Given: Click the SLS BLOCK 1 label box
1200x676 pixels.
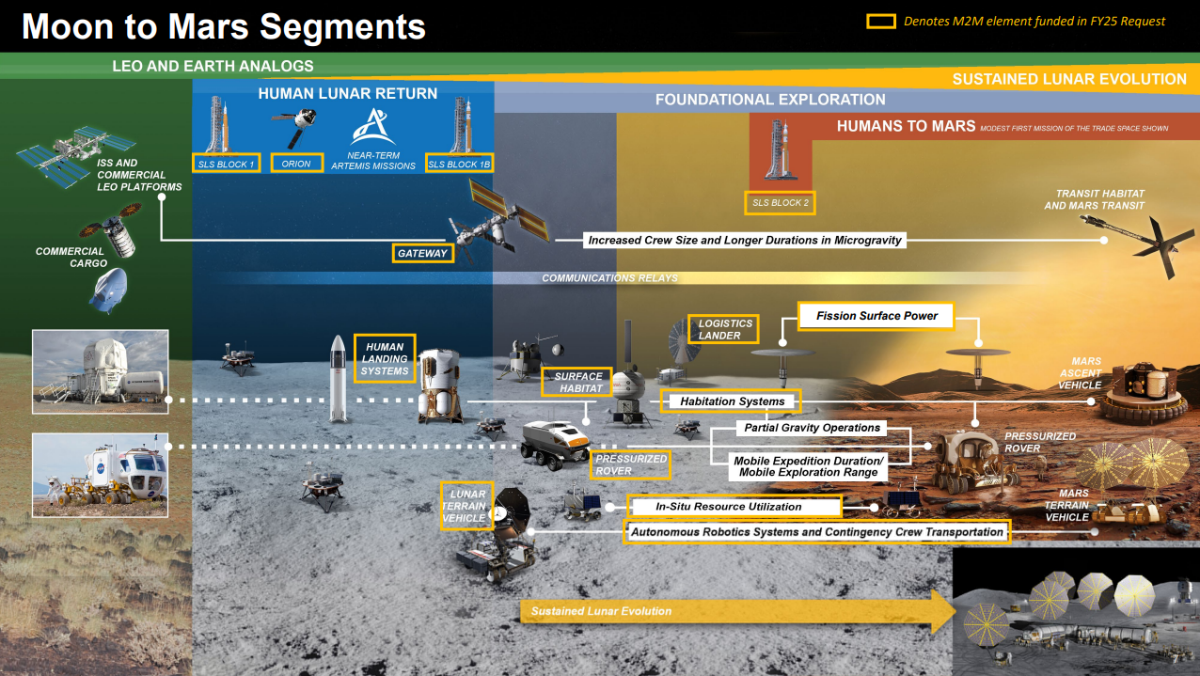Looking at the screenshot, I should [x=225, y=165].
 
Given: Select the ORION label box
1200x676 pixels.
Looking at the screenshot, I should [x=296, y=164].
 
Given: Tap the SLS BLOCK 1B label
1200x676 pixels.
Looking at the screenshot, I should [x=459, y=165].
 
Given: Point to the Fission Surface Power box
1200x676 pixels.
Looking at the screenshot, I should [x=876, y=316].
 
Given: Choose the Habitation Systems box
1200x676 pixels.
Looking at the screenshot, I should [x=733, y=401].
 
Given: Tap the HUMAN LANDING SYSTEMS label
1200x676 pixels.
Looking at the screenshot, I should [x=386, y=358].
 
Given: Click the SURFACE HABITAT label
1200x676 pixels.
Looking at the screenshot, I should [x=577, y=382].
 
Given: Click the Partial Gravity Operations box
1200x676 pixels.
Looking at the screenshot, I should [x=812, y=428].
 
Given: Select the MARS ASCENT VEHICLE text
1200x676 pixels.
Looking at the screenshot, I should [x=1080, y=373].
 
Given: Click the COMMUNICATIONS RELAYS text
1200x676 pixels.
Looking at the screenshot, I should [x=609, y=278].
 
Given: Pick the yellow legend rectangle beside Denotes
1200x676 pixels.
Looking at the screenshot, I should [x=880, y=21].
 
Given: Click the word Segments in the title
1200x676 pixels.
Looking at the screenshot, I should [x=342, y=26].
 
